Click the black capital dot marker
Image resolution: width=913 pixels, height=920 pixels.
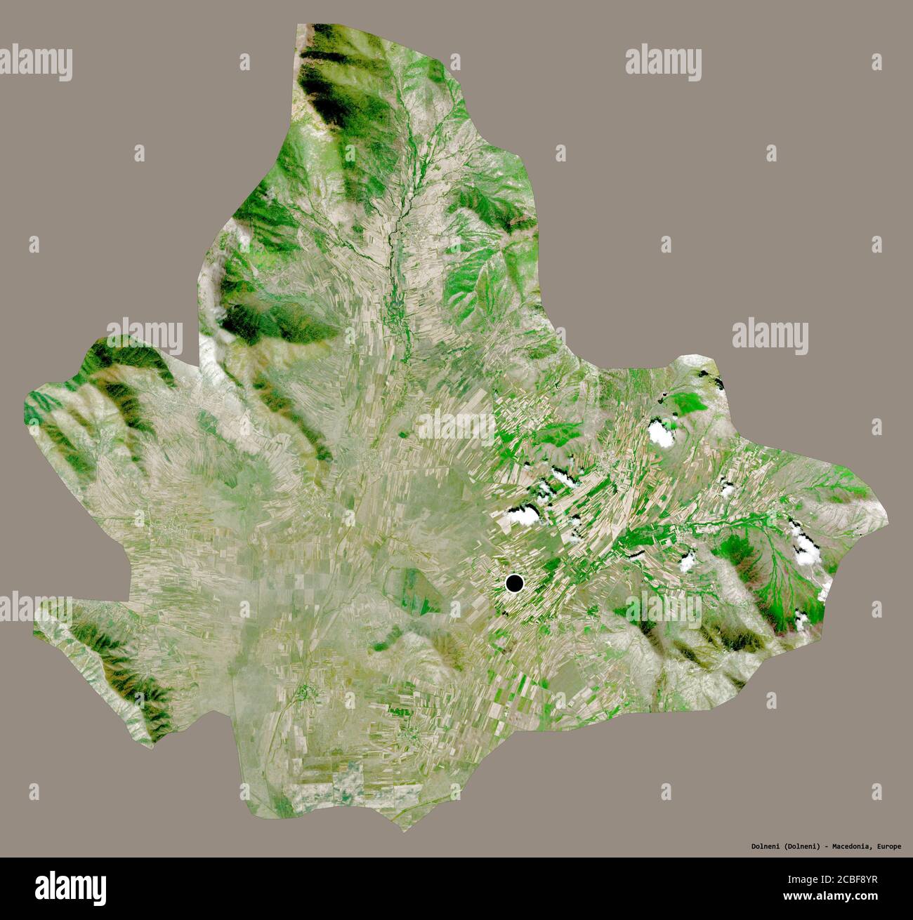(515, 583)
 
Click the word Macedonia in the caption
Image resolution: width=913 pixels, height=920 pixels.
(852, 846)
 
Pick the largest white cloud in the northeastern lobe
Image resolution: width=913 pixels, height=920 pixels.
(661, 433)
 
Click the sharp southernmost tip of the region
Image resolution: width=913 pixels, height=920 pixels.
(402, 831)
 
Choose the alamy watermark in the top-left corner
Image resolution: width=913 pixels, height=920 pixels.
(37, 62)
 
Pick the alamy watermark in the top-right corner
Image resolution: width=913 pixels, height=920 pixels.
(663, 62)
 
